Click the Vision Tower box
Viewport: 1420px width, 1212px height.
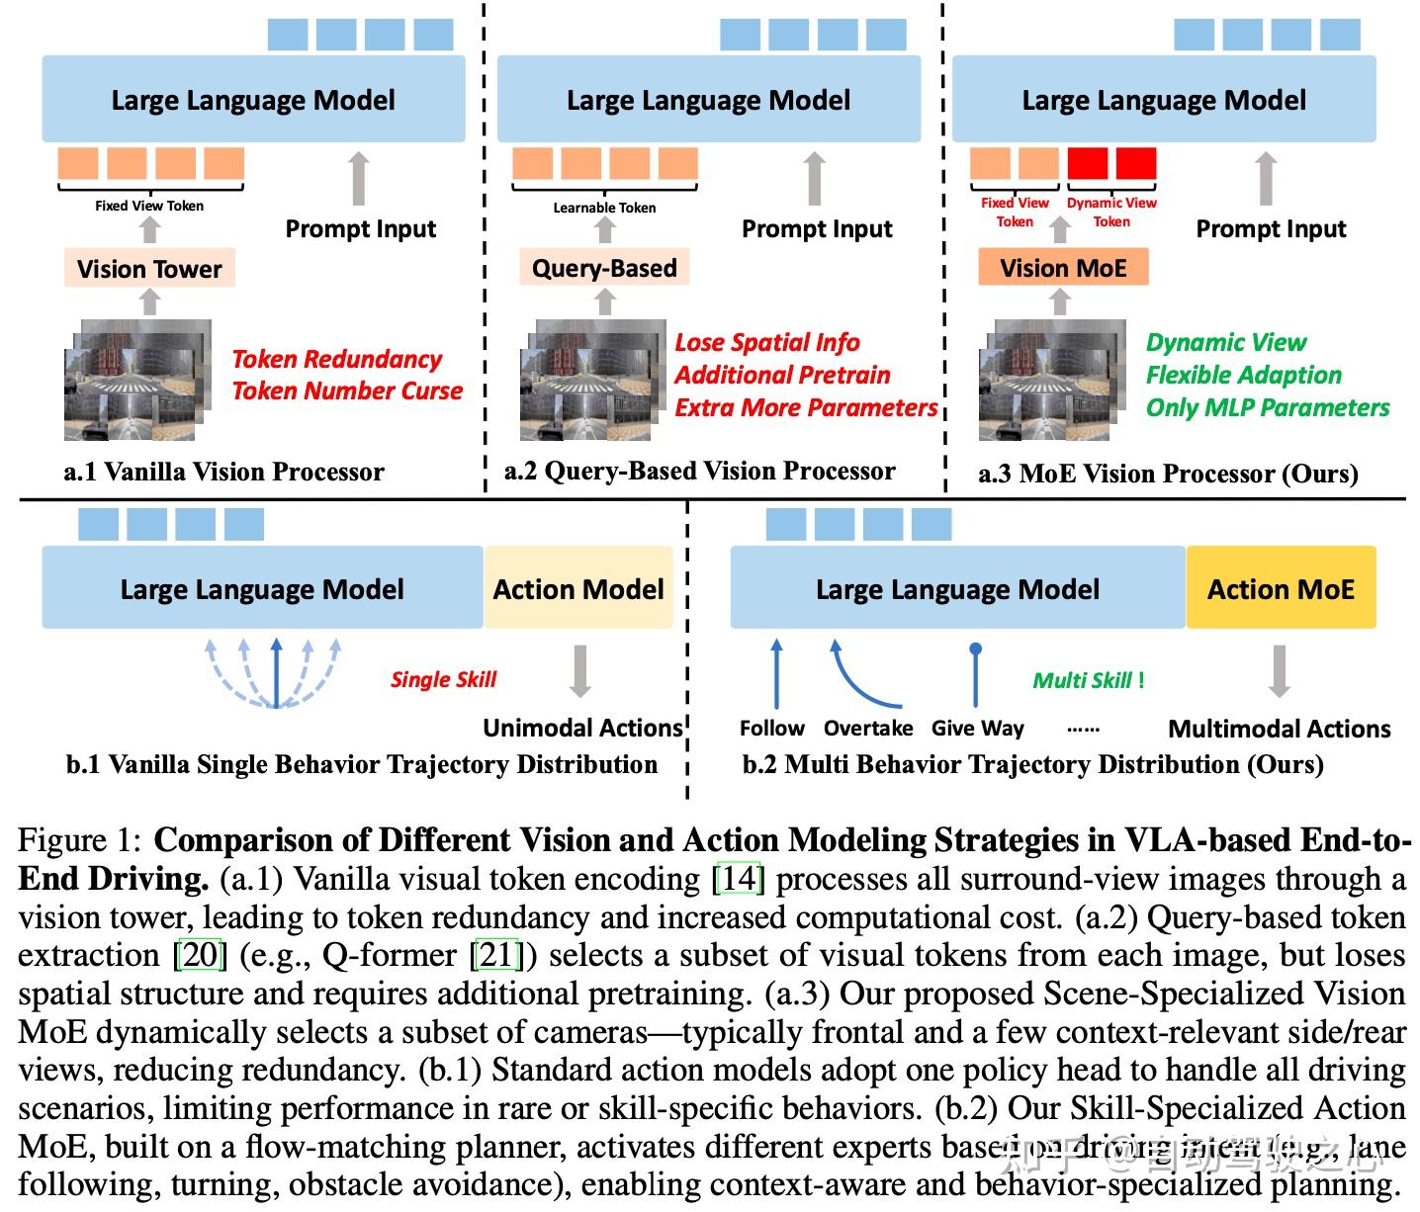pyautogui.click(x=149, y=269)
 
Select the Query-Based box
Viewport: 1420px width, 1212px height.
pyautogui.click(x=604, y=268)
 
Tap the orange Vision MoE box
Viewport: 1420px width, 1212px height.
pyautogui.click(x=1063, y=268)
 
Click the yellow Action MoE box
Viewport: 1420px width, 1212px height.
pyautogui.click(x=1281, y=589)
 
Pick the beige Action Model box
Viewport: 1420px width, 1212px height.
pyautogui.click(x=578, y=589)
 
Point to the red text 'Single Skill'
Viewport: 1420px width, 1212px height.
pyautogui.click(x=443, y=679)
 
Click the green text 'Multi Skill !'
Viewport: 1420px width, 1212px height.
pyautogui.click(x=1089, y=680)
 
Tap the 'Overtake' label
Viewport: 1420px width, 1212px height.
pyautogui.click(x=868, y=729)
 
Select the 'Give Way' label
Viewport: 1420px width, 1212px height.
pyautogui.click(x=977, y=729)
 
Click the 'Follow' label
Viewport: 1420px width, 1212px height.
pyautogui.click(x=772, y=729)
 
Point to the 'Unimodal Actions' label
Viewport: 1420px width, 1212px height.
pyautogui.click(x=582, y=729)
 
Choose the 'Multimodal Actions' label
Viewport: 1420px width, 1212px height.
pyautogui.click(x=1280, y=730)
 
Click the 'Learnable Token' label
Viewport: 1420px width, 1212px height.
pyautogui.click(x=604, y=208)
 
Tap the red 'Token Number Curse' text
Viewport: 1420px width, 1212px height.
pyautogui.click(x=347, y=391)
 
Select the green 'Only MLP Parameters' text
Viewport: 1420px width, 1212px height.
pyautogui.click(x=1268, y=407)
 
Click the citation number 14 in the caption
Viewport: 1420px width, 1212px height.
pyautogui.click(x=738, y=878)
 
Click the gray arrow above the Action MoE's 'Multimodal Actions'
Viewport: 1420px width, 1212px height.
pyautogui.click(x=1280, y=670)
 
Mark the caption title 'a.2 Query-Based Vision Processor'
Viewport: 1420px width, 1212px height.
pyautogui.click(x=700, y=472)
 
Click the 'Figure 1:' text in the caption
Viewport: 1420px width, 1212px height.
pyautogui.click(x=81, y=840)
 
